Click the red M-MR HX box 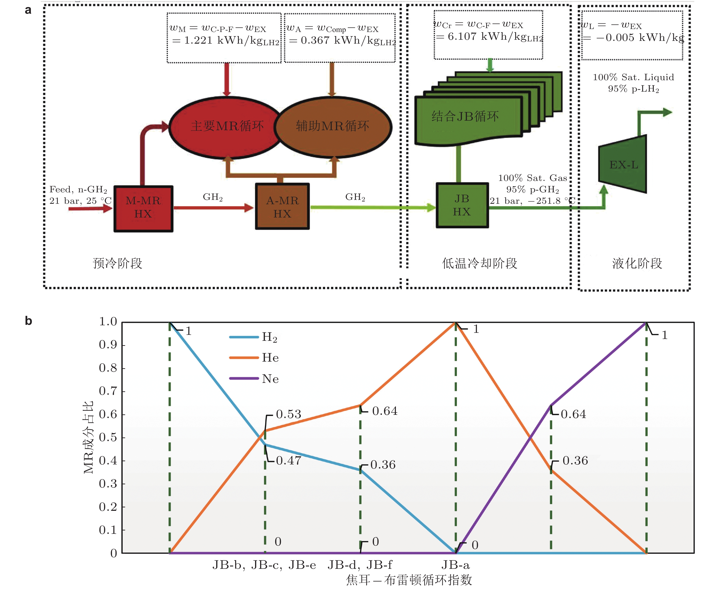point(143,208)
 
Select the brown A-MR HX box point(282,207)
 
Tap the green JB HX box point(462,205)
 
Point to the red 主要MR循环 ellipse point(226,127)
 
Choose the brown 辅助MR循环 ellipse point(333,127)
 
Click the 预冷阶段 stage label point(117,263)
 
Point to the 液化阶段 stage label point(637,263)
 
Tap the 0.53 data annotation point(288,414)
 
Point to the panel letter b point(28,321)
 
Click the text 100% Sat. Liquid point(633,77)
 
